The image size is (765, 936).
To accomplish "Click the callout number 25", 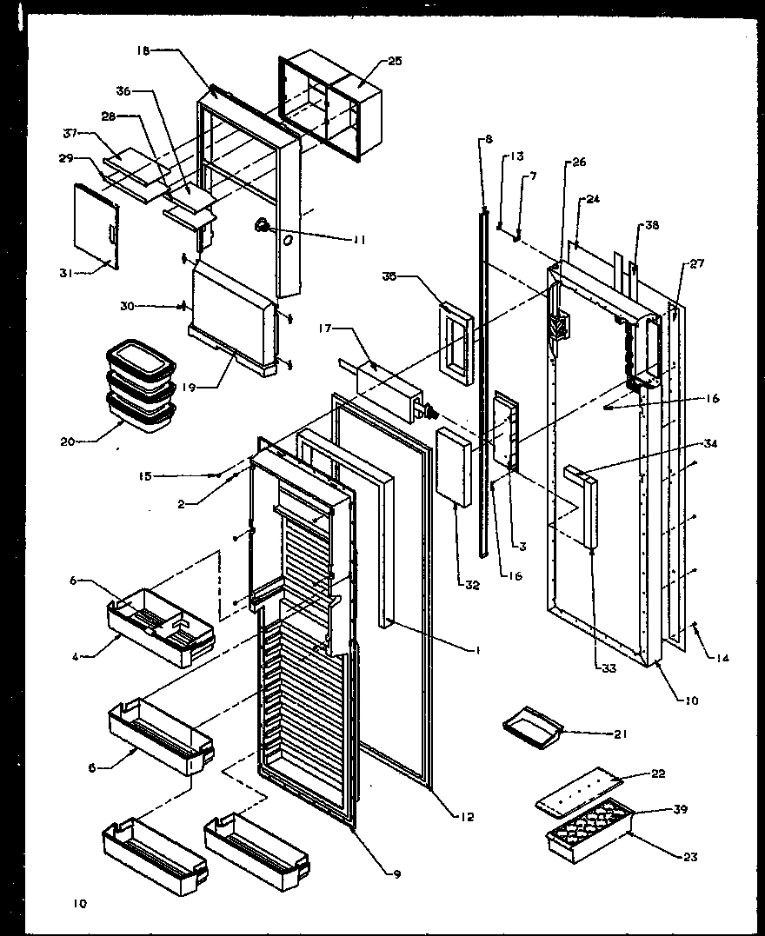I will [395, 61].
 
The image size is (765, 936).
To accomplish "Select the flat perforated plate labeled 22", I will [582, 787].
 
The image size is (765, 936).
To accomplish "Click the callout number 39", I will [681, 809].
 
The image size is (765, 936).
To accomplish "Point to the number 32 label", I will [472, 585].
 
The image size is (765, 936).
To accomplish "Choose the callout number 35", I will [389, 276].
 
